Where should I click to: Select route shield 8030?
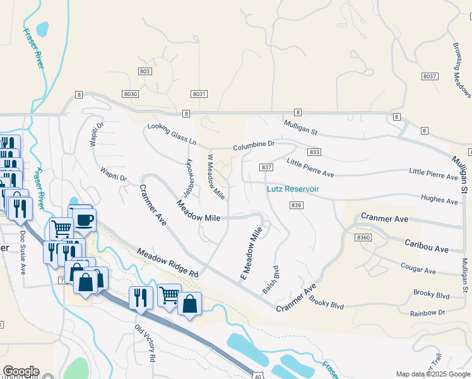point(131,94)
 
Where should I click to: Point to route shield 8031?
point(199,94)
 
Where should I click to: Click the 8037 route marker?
point(430,76)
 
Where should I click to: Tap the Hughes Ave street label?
point(439,200)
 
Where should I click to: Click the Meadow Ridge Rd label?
point(168,263)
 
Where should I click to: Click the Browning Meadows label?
point(462,70)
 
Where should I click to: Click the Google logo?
point(20,371)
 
